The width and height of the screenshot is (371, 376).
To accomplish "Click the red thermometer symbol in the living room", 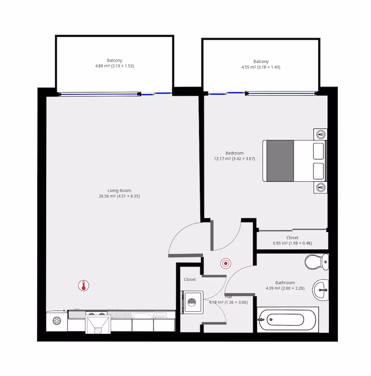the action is point(84,286).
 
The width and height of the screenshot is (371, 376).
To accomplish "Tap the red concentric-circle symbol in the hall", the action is point(226,263).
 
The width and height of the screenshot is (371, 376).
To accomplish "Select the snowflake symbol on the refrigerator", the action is point(57,321).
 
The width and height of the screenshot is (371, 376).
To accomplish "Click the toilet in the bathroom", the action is point(317,262).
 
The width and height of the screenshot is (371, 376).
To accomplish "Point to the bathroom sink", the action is point(321,290).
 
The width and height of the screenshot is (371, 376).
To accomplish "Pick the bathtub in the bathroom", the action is point(287,320).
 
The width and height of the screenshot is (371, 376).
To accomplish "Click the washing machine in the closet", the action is point(192,302).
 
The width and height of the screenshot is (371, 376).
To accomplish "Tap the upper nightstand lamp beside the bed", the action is point(321,134).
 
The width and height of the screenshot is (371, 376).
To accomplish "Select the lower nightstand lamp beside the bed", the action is point(321,187).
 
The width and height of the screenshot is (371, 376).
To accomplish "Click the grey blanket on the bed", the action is point(280,161).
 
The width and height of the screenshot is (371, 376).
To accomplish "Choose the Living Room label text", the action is point(119,190).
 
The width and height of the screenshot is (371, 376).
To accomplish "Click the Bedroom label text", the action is point(234,153).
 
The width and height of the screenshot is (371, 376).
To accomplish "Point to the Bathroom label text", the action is point(285,282).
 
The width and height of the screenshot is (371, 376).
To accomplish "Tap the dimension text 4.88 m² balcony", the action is point(114,66).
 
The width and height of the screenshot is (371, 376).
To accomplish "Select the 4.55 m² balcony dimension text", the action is point(261,67).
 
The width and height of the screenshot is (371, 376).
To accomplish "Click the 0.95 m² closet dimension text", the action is point(292,243).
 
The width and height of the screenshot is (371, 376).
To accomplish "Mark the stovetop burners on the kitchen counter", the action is point(96,314).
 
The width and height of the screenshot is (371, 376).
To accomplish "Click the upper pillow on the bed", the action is point(318,151).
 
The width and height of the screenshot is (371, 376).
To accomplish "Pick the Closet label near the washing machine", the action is point(190,279).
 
